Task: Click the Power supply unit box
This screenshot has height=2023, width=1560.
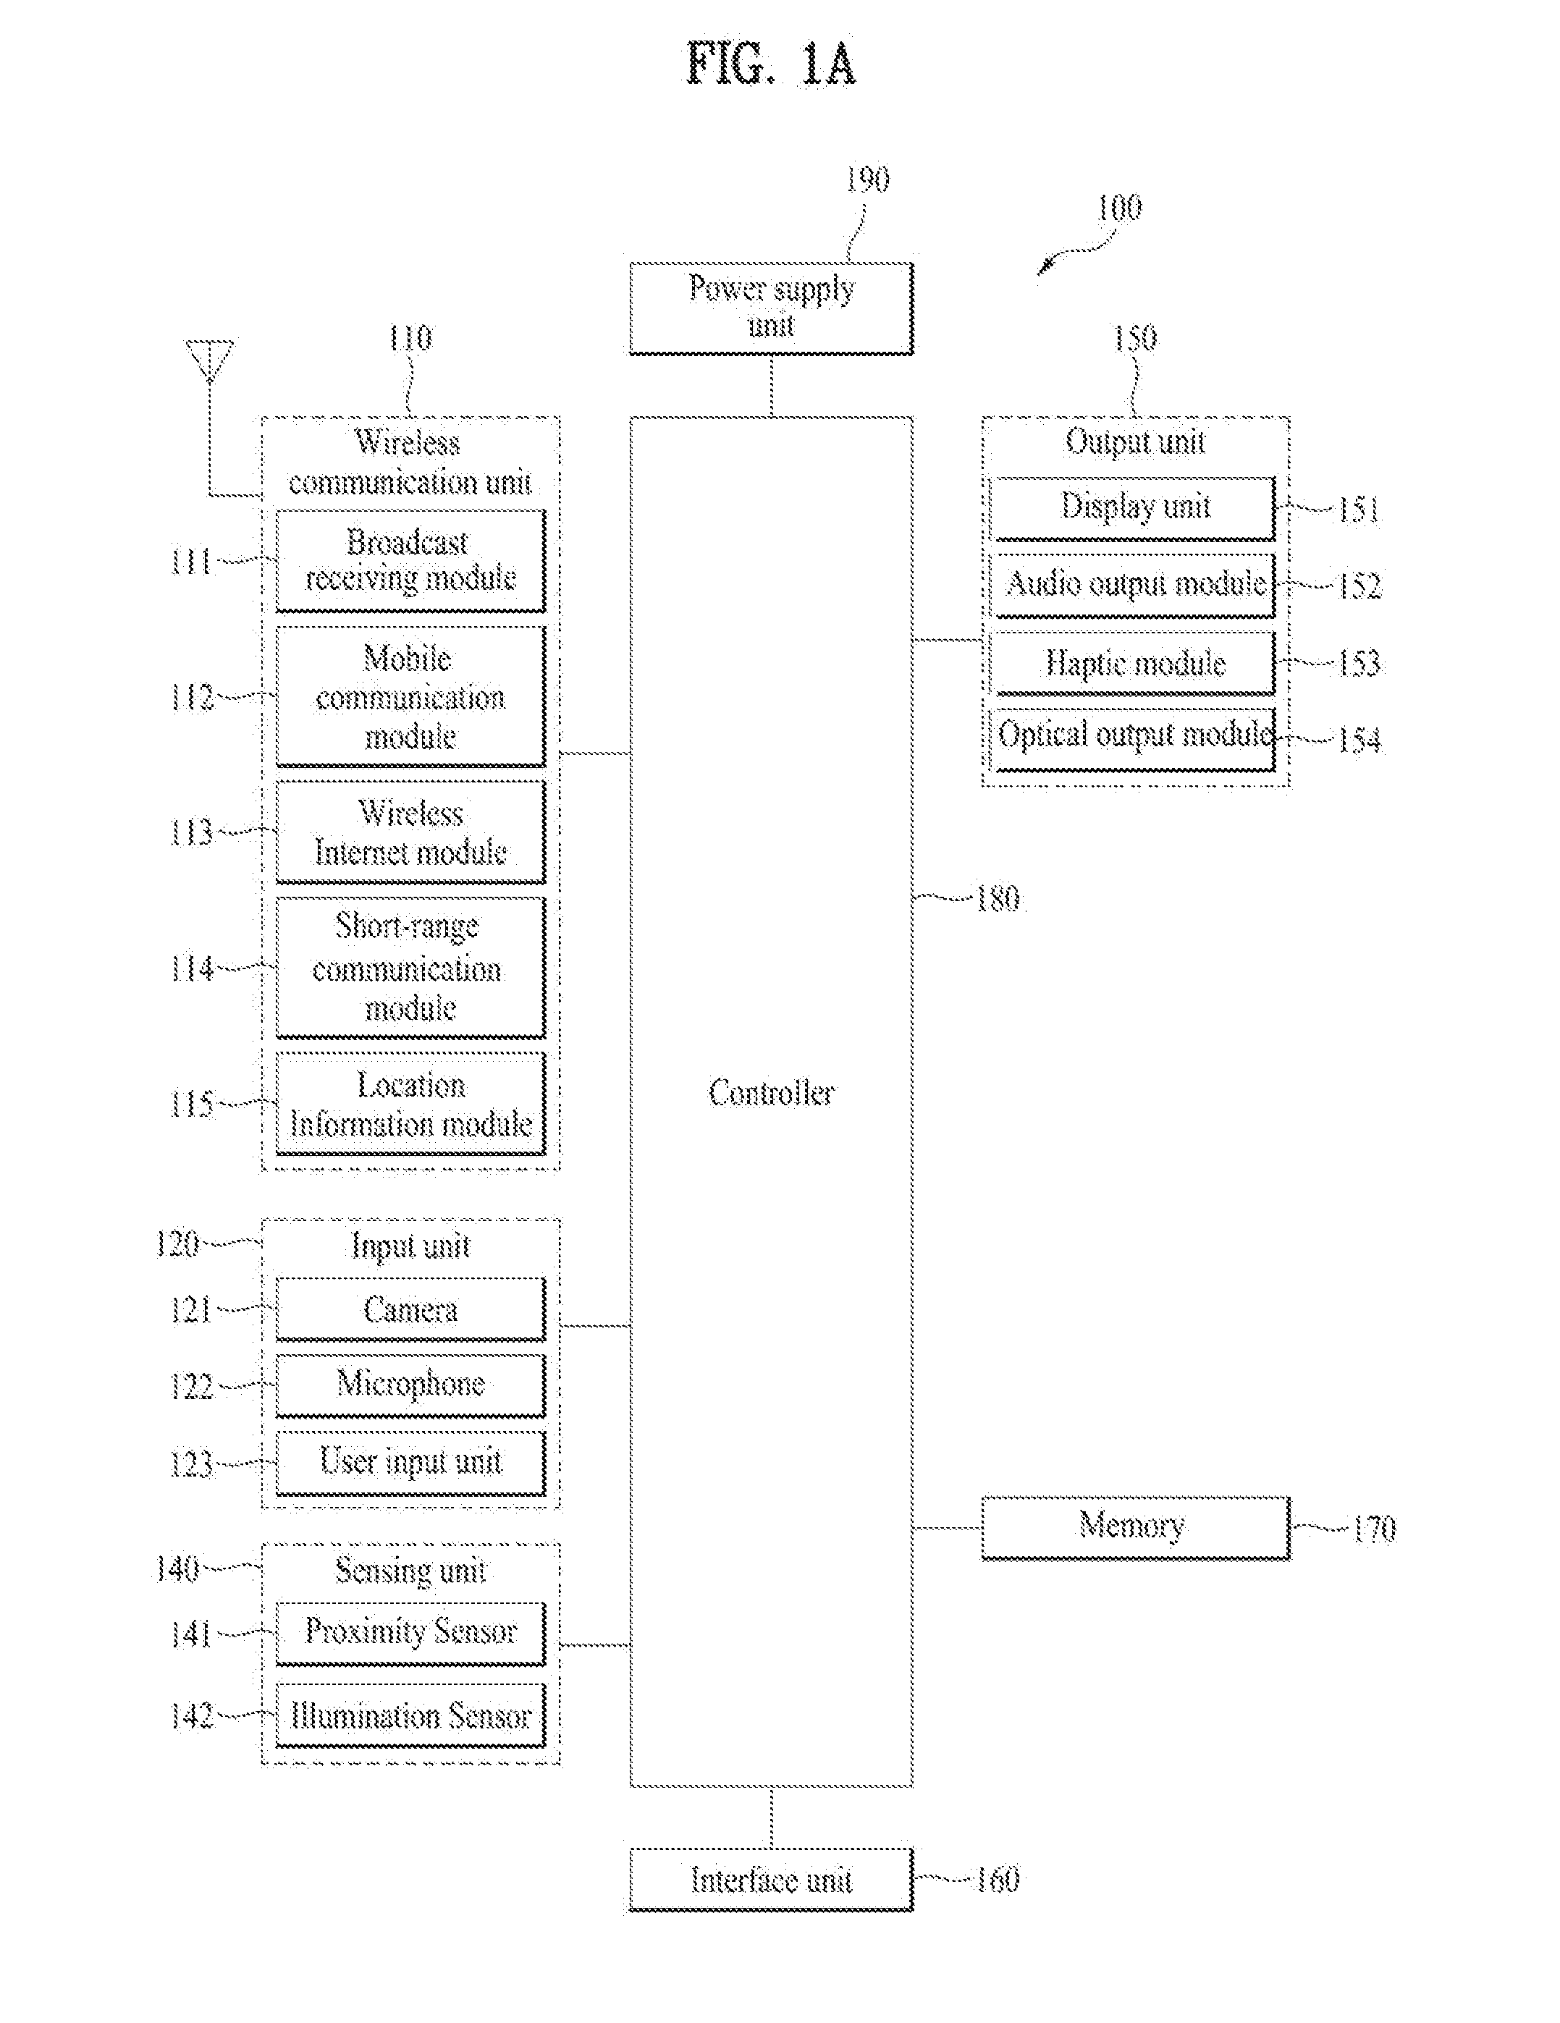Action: coord(771,308)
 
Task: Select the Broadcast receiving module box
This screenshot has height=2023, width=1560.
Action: coord(410,560)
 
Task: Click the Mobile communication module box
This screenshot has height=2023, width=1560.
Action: coord(410,696)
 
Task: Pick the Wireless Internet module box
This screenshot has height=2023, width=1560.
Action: coord(410,832)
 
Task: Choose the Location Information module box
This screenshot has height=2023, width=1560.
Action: coord(410,1103)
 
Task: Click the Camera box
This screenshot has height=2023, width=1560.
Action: coord(410,1309)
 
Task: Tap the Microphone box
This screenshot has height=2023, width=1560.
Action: coord(410,1386)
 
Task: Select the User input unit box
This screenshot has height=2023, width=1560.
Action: coord(410,1464)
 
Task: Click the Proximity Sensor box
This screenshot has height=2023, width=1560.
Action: coord(410,1633)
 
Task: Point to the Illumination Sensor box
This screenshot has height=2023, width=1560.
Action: coord(410,1715)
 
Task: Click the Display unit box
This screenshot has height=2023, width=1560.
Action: coord(1133,509)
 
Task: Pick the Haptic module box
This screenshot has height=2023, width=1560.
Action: coord(1133,663)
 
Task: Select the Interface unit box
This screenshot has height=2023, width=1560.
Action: coord(771,1880)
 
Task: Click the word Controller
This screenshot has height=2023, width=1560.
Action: coord(771,1093)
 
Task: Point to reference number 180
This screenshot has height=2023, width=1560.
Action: coord(998,898)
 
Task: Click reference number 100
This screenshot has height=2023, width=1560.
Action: coord(1119,208)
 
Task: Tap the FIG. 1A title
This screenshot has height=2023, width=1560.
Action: coord(771,64)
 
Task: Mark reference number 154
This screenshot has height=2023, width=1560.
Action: coord(1359,740)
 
